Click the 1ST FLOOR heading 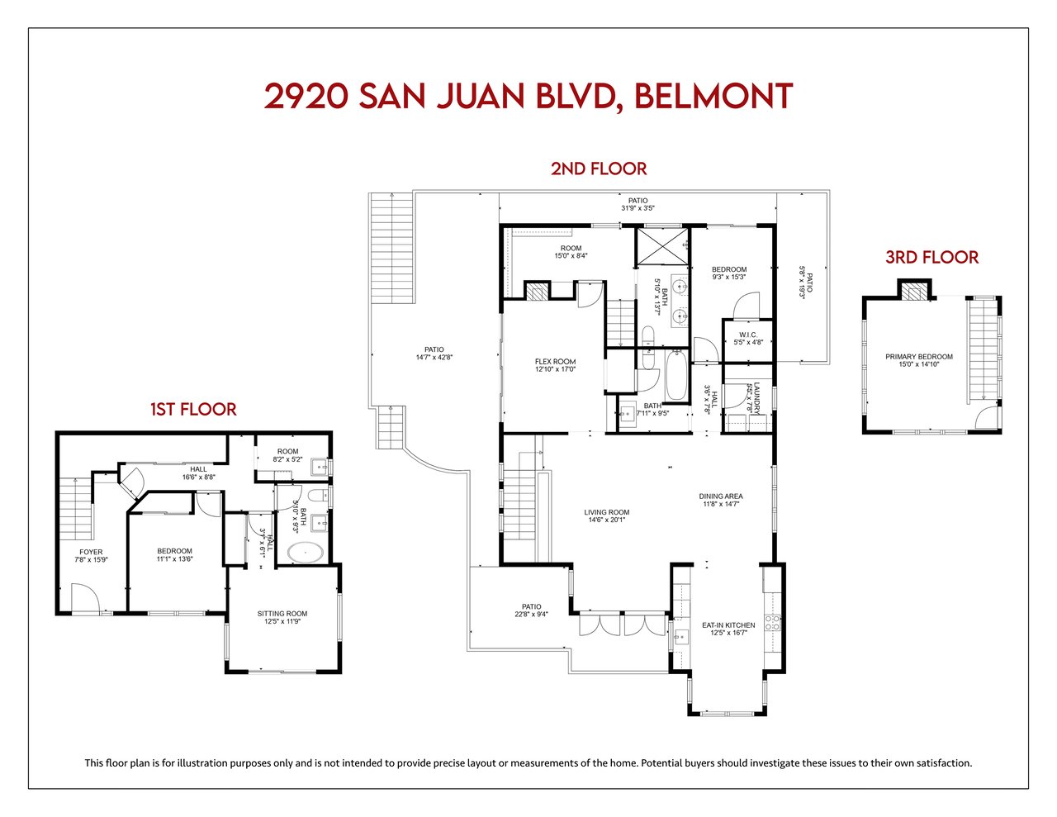193,410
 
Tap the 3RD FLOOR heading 931,258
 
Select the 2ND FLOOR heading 599,169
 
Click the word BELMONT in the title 713,96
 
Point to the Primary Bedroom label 919,357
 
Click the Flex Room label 555,362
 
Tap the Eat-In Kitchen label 728,625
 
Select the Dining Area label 721,496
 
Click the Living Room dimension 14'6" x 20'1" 607,520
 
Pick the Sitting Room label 282,614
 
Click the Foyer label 91,552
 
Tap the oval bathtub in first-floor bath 305,553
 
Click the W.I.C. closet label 748,335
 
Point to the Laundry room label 756,398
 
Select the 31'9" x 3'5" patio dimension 638,208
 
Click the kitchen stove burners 772,623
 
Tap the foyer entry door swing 86,597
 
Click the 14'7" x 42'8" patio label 434,357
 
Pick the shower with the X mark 662,246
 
